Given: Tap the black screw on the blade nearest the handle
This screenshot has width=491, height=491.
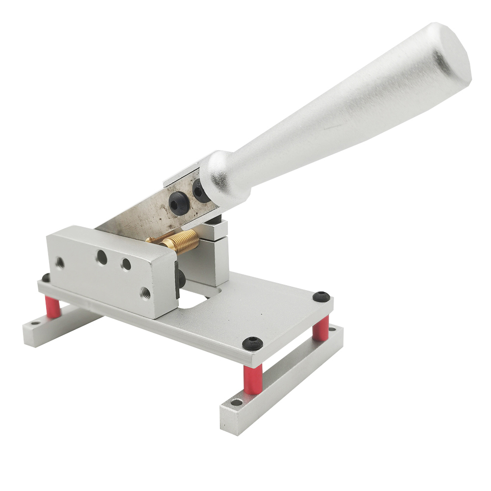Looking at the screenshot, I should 201,191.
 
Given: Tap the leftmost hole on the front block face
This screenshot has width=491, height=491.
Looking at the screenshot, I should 60,263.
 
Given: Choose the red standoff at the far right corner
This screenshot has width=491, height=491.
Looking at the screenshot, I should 322,328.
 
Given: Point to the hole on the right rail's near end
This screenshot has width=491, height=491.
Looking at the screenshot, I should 237,403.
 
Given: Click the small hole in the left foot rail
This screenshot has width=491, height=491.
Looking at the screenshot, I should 34,324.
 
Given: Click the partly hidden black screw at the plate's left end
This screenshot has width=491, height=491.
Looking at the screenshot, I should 46,278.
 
